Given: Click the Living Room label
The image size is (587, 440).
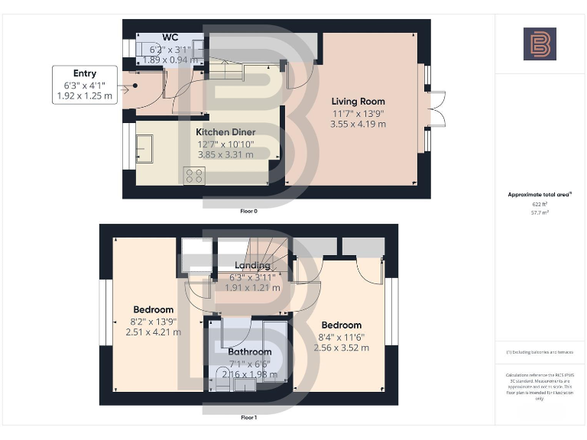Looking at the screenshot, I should pos(358,101).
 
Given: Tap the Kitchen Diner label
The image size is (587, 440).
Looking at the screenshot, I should pos(226,132).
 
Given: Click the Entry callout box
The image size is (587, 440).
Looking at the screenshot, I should pos(85,85).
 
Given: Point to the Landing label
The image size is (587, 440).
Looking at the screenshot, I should pos(252,266).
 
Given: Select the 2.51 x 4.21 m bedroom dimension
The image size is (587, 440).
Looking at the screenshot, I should pos(154,332).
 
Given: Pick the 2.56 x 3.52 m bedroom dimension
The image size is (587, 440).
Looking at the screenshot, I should pos(342,348).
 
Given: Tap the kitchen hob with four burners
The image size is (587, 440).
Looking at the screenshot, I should pos(193,176).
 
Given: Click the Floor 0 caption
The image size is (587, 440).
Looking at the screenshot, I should pos(249,211).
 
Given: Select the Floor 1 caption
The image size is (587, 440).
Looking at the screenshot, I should pos(249,418).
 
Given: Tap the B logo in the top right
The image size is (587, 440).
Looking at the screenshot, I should pos(540,44).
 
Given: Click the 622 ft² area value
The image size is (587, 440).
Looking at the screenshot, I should pos(540,205).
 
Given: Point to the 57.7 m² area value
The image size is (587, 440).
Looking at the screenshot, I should pos(540,212).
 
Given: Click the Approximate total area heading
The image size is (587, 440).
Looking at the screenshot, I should pos(540,195).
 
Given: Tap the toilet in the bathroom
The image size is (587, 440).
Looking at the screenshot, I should pos(211,383).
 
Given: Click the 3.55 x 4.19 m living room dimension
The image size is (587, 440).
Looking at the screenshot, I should pos(358,124).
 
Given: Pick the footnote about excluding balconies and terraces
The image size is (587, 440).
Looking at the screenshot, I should pos(540,352).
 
